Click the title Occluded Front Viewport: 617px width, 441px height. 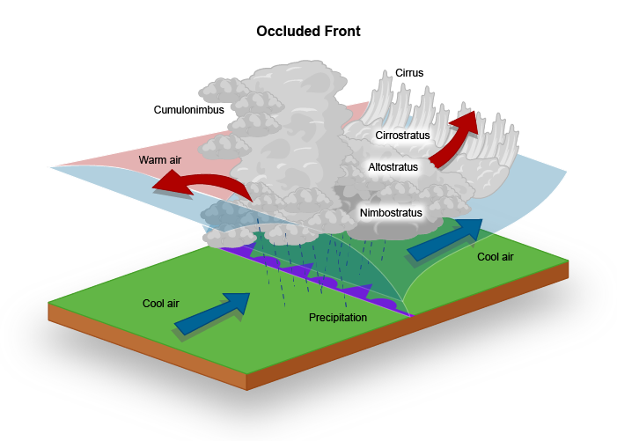click(308, 31)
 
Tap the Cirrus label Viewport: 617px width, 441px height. click(409, 73)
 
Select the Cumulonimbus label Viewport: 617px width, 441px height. click(189, 110)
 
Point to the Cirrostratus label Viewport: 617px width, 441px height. click(402, 136)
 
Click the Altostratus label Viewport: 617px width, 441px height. click(393, 165)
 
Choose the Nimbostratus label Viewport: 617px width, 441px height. click(391, 212)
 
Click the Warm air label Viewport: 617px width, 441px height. click(159, 160)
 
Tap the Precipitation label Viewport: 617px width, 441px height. click(338, 317)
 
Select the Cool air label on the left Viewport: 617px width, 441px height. click(161, 304)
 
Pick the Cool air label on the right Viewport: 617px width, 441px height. click(495, 257)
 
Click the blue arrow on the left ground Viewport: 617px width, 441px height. click(213, 313)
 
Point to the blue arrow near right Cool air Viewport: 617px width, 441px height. click(446, 239)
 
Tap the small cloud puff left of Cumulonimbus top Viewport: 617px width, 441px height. click(217, 89)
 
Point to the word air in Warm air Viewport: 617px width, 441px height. click(173, 160)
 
